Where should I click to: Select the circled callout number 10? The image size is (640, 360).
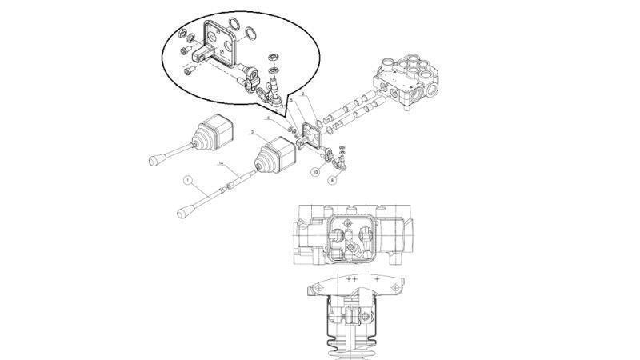[x=316, y=172]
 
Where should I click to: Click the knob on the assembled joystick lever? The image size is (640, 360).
[x=154, y=162]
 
